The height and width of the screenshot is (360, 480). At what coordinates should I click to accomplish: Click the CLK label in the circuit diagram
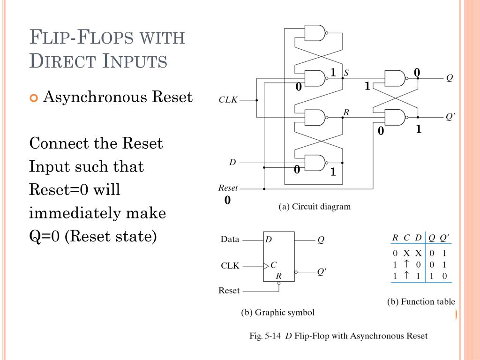(228, 100)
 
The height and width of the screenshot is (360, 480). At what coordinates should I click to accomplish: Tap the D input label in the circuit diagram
(232, 163)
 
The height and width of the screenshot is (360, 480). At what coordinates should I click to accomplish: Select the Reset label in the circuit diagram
(228, 188)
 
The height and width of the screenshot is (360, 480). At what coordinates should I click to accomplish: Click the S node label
(346, 73)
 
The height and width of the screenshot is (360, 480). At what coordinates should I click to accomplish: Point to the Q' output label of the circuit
(450, 117)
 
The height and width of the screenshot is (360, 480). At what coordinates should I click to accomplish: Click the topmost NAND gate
(315, 33)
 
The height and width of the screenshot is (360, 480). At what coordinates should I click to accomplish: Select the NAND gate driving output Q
(395, 78)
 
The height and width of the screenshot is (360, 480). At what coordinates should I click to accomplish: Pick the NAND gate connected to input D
(315, 163)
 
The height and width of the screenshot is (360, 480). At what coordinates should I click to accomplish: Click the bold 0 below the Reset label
(227, 201)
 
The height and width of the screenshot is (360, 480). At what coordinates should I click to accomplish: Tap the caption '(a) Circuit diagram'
(315, 206)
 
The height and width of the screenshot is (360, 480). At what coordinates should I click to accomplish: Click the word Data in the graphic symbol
(230, 239)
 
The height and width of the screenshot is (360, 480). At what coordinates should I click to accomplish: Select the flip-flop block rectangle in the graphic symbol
(278, 256)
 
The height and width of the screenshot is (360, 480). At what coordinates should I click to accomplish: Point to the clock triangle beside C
(266, 265)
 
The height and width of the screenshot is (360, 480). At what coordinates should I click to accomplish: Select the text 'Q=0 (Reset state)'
(93, 236)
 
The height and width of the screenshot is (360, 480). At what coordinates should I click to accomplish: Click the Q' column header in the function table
(444, 237)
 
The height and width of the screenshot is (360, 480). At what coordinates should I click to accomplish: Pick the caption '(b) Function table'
(421, 302)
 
